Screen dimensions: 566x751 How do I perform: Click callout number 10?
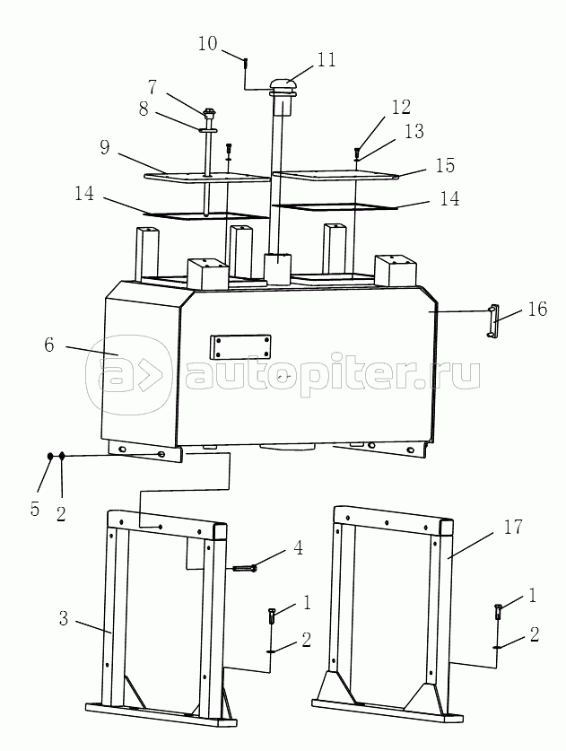[x=207, y=44]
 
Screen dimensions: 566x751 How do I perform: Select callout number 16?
[x=537, y=309]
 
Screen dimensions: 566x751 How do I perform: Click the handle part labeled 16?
[x=492, y=320]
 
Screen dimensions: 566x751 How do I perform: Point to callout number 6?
[x=49, y=345]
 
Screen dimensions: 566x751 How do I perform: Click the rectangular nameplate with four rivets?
[x=239, y=346]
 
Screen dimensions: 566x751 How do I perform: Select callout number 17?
[x=512, y=527]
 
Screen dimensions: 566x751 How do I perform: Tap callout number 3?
[x=64, y=618]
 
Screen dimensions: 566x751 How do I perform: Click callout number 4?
[x=298, y=548]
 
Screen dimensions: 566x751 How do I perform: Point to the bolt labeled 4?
[x=245, y=569]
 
